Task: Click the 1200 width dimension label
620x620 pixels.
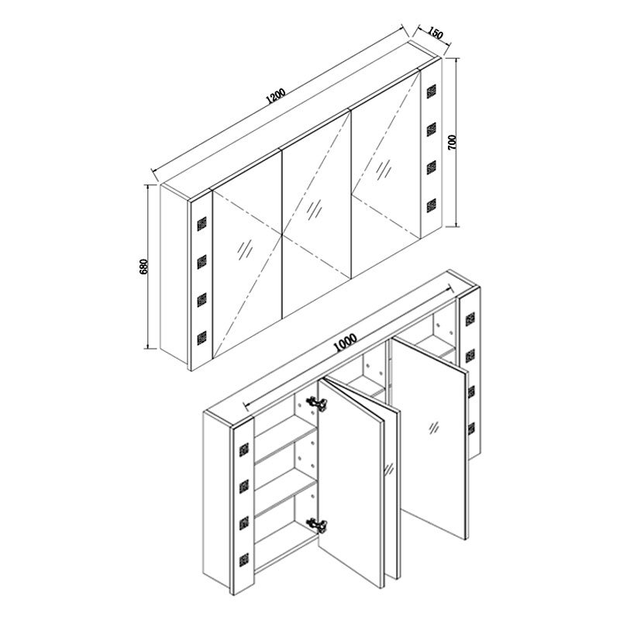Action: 275,96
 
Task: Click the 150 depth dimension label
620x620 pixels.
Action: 435,34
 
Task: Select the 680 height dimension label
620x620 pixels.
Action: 145,267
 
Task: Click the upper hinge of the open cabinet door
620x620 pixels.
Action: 315,403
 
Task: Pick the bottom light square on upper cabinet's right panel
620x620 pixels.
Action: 431,204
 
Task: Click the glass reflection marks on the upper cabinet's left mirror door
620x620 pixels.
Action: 246,249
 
